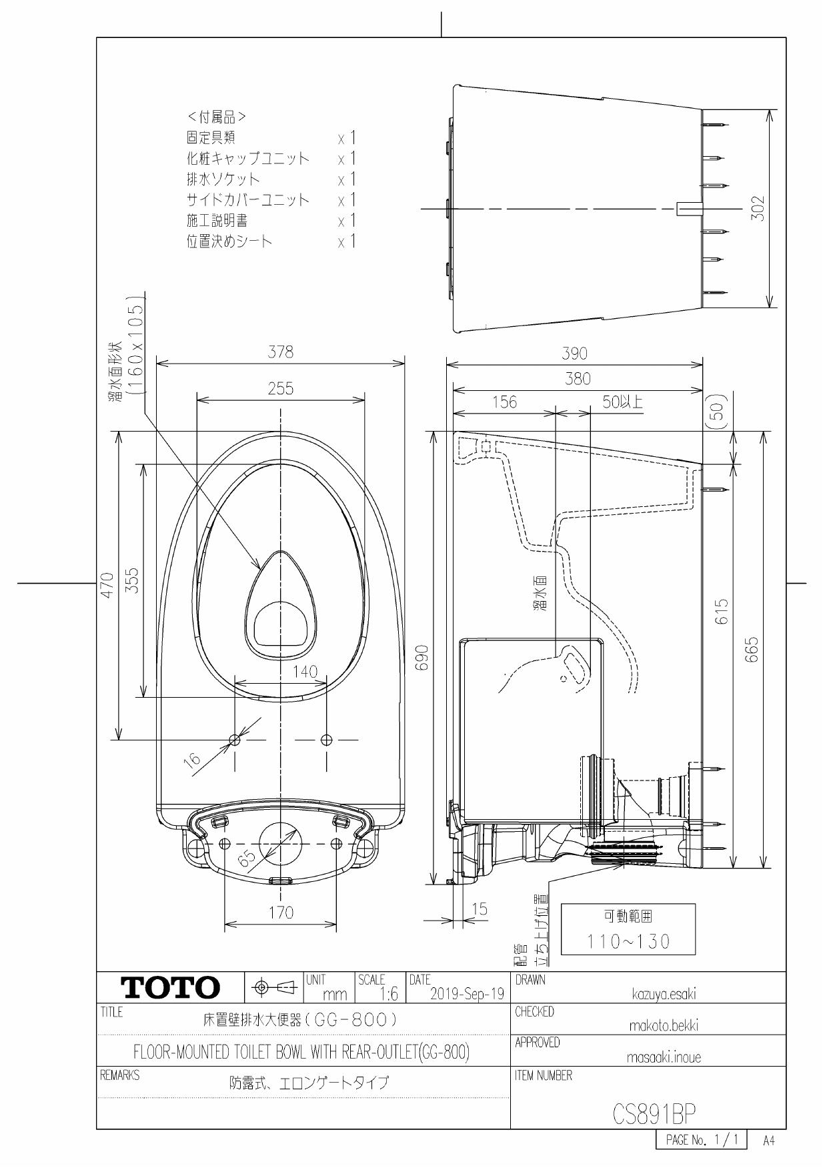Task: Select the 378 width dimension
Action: pyautogui.click(x=280, y=353)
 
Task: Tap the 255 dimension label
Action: pyautogui.click(x=280, y=389)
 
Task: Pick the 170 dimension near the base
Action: pyautogui.click(x=280, y=913)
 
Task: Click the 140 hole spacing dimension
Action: pyautogui.click(x=305, y=672)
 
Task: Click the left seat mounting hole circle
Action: pyautogui.click(x=235, y=739)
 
